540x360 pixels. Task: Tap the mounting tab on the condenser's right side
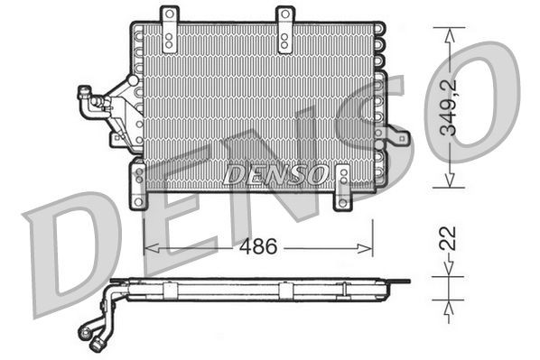pos(396,138)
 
